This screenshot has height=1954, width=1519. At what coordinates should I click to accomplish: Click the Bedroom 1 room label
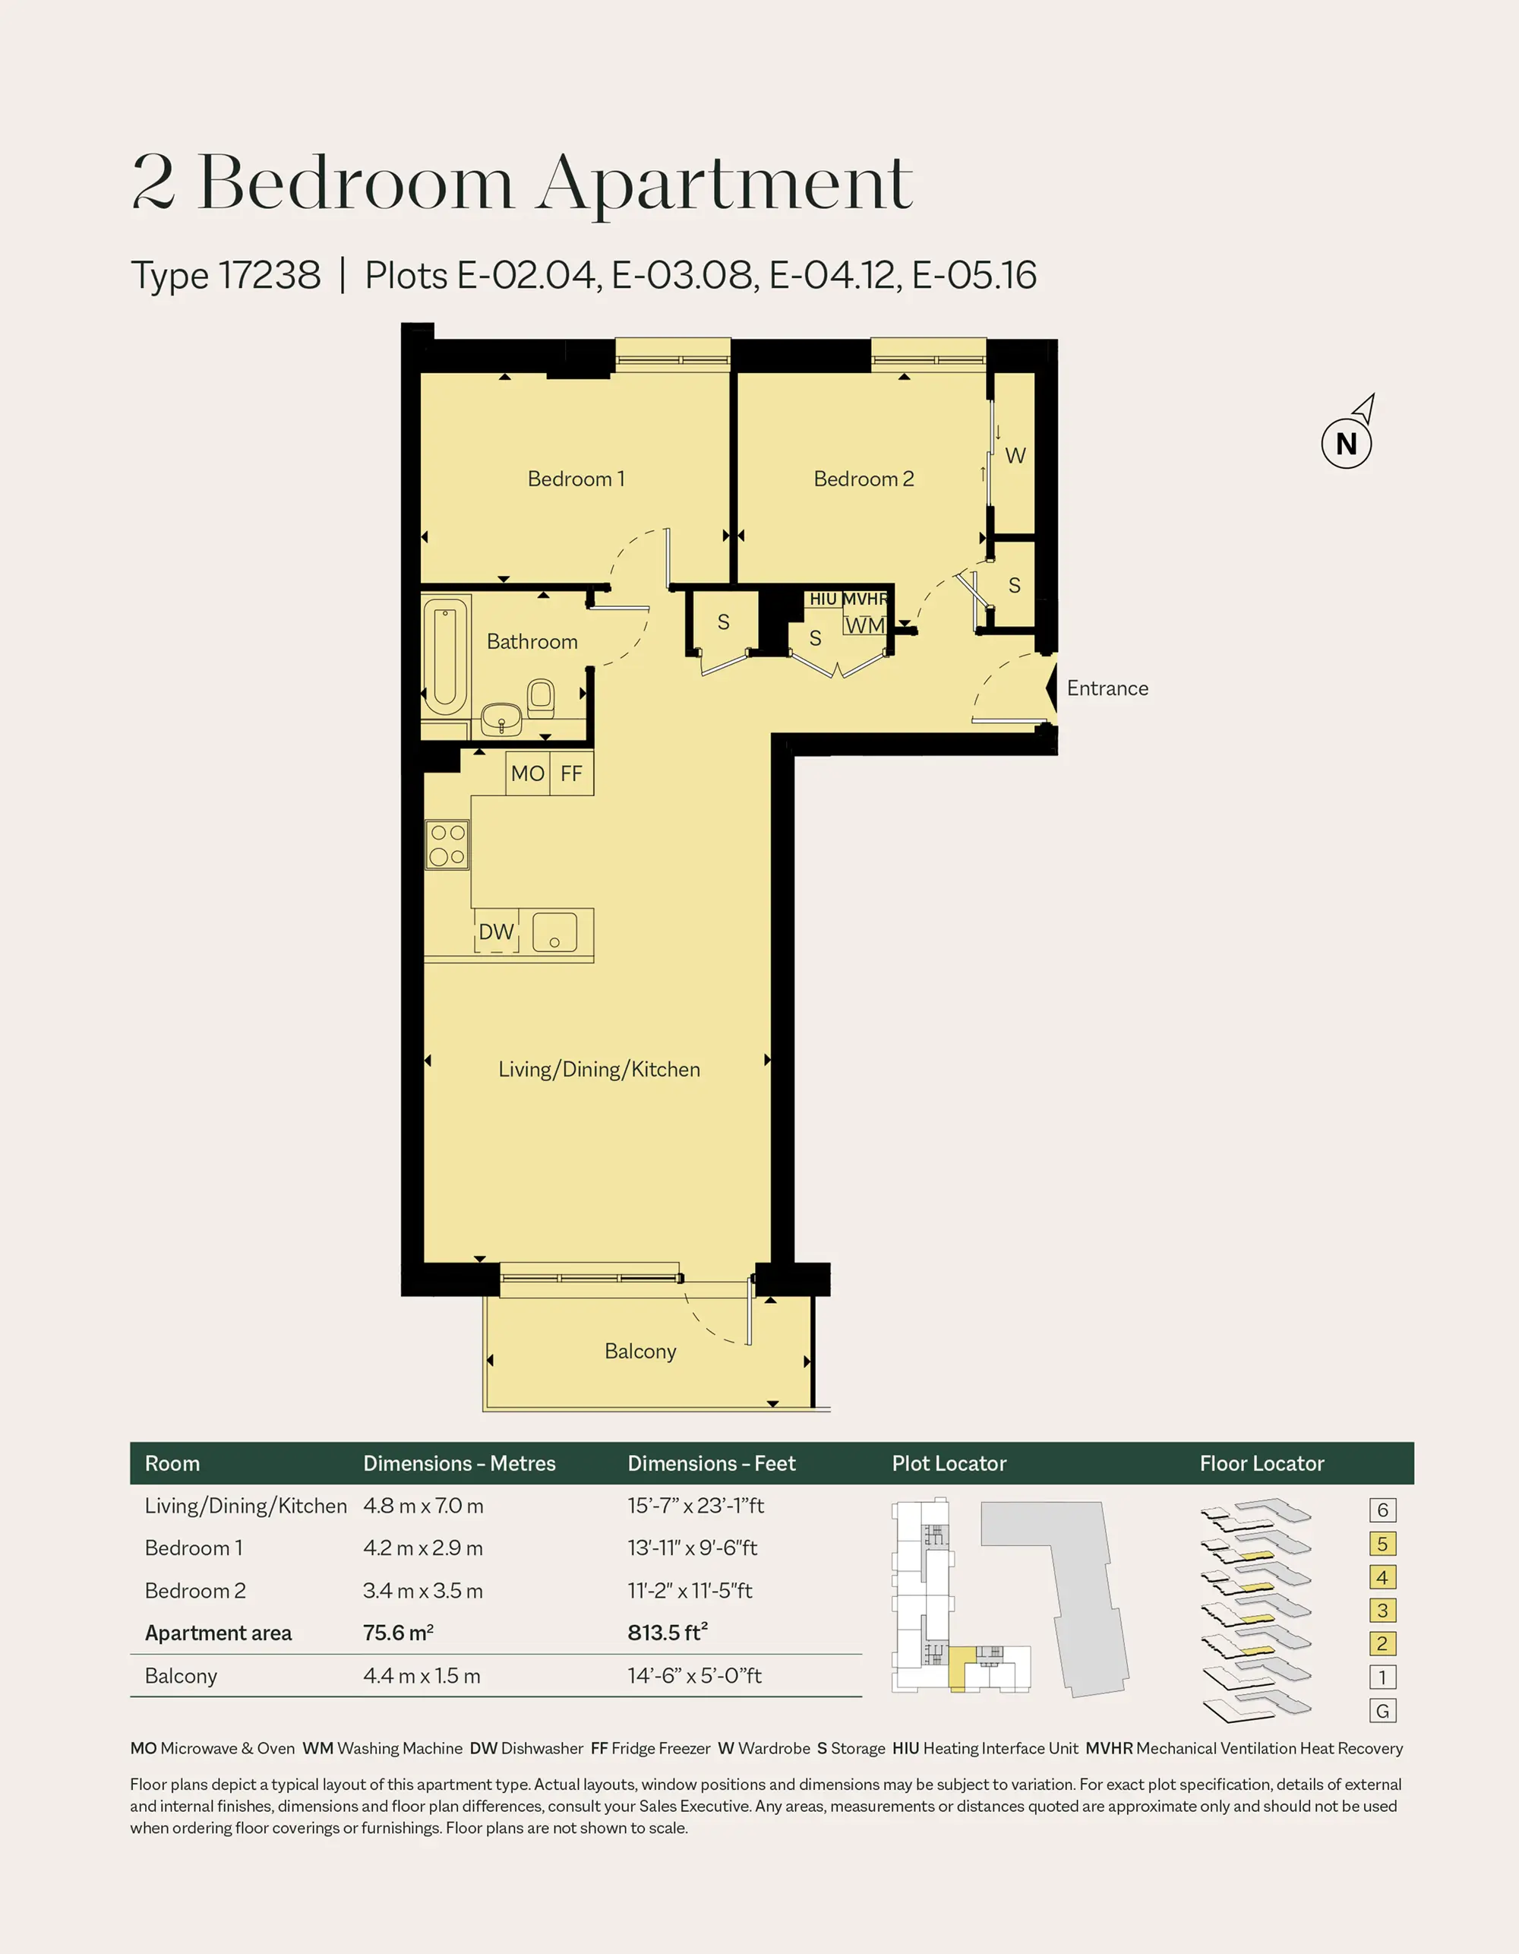575,479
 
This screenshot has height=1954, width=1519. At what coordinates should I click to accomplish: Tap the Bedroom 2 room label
864,479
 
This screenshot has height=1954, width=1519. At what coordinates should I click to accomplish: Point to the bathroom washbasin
502,717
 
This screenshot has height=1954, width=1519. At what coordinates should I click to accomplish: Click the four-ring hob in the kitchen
447,845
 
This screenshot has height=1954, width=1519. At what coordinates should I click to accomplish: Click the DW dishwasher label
497,931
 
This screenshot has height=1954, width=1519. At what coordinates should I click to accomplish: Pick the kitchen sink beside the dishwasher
554,933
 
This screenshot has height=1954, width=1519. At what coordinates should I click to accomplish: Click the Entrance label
1107,688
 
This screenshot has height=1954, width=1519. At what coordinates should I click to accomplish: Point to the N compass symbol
1347,443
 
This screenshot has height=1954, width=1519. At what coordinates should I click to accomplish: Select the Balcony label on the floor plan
640,1351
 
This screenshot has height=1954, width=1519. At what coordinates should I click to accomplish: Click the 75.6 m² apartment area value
398,1633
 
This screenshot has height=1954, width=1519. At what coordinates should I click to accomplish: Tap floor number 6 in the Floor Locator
1382,1510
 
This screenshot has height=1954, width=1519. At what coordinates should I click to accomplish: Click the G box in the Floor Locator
1382,1712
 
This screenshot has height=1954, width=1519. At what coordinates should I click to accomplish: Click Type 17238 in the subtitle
226,276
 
